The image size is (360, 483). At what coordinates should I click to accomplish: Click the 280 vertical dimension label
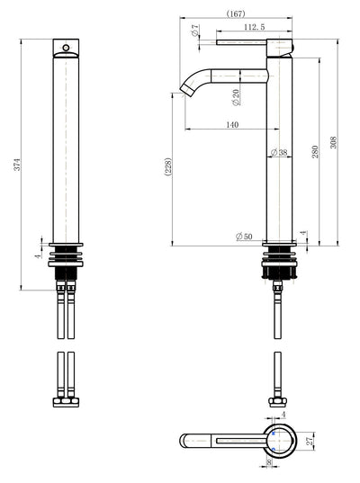[x=316, y=151]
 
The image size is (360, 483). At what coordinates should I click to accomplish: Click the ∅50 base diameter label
[x=244, y=236]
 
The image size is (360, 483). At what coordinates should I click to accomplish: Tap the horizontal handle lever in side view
[x=252, y=42]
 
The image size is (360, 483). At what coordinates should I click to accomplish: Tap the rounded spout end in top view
[x=184, y=441]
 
